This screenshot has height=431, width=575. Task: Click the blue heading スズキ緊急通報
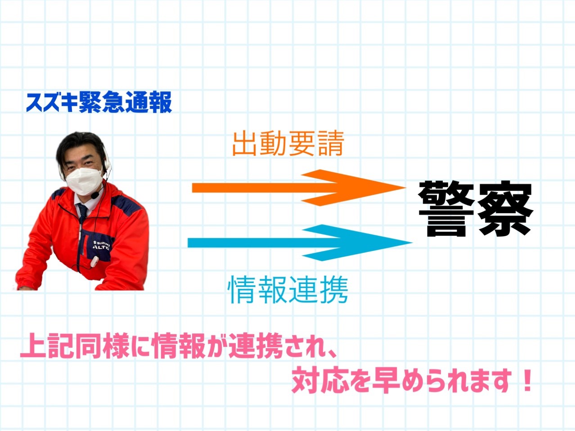coord(99,102)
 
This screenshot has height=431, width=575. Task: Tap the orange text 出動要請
coord(288,144)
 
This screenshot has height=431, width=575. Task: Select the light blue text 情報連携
coord(287,290)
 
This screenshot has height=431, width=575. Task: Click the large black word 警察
coord(476,209)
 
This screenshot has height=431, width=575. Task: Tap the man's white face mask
coord(84,181)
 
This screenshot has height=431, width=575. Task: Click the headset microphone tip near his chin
coord(95,195)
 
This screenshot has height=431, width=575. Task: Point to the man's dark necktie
coord(83,212)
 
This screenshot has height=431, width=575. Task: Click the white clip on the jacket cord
coord(94,262)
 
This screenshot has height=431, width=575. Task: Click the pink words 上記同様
coord(75,346)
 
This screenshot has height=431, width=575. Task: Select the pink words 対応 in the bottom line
coord(320,381)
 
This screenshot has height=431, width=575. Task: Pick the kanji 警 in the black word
coord(446,209)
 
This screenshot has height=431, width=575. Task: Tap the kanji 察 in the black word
coord(505,209)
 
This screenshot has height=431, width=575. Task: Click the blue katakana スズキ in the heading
coord(52,103)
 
